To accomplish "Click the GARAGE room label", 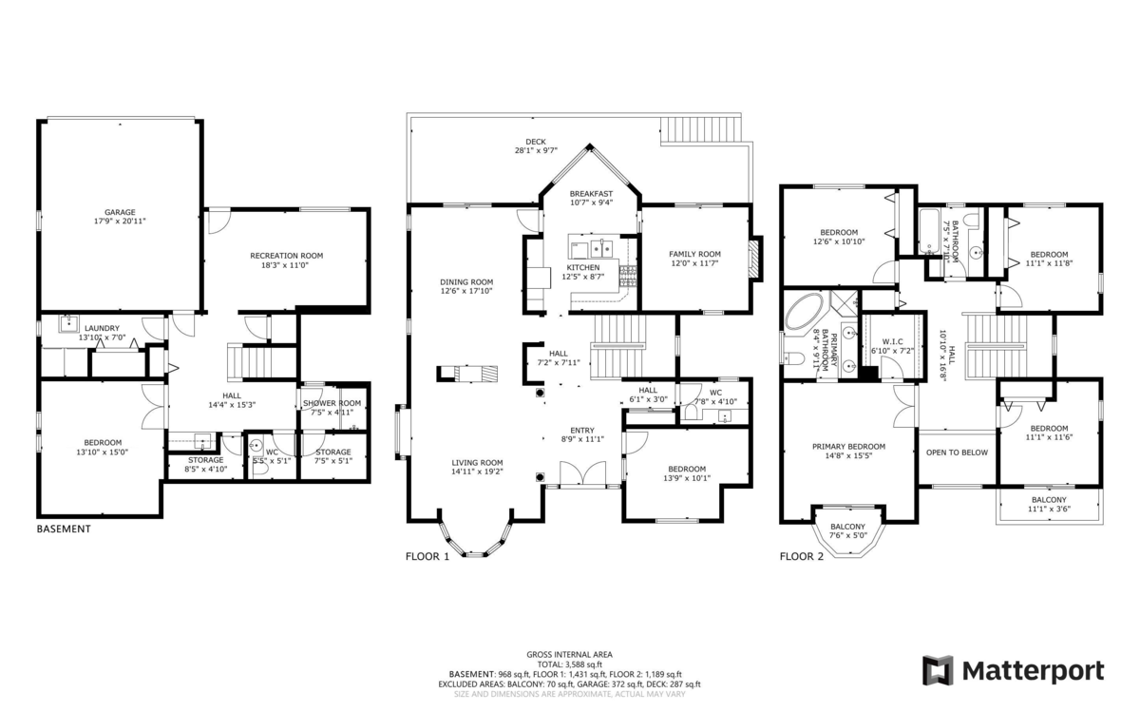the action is [x=120, y=212].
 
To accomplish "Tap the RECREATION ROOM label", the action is [x=287, y=256].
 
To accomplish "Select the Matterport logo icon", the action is [x=938, y=670].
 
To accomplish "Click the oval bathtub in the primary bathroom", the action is [x=804, y=311].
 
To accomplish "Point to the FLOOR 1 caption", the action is [x=427, y=557].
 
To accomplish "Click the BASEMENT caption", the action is [x=64, y=530].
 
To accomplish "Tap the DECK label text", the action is [x=536, y=142].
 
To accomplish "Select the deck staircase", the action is [x=700, y=130].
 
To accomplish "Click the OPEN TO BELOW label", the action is [x=957, y=453].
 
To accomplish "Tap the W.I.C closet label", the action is [x=893, y=341].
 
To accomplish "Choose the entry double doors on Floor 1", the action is [x=582, y=474].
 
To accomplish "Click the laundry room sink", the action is [x=68, y=323].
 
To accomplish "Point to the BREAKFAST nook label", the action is [x=591, y=194].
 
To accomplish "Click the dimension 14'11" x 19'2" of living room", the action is [x=477, y=472].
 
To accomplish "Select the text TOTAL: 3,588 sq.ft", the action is [x=569, y=665].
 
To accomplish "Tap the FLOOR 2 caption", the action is [x=802, y=557].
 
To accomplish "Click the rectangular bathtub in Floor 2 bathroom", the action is [x=929, y=231].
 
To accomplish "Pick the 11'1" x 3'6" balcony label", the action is [x=1049, y=509].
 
